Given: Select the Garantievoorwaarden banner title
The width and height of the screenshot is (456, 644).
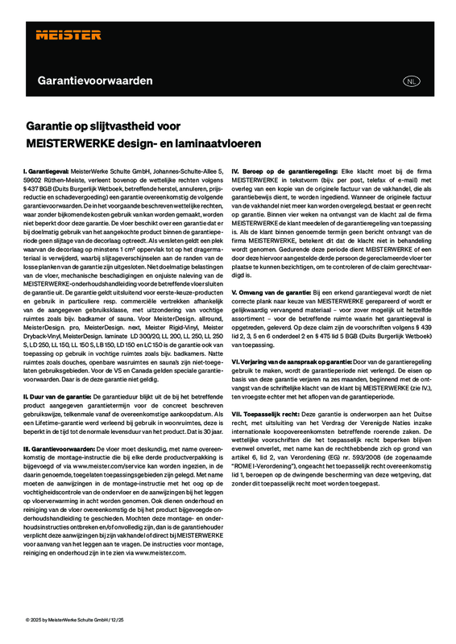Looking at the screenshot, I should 95,81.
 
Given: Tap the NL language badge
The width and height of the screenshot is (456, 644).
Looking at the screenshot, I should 412,82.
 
